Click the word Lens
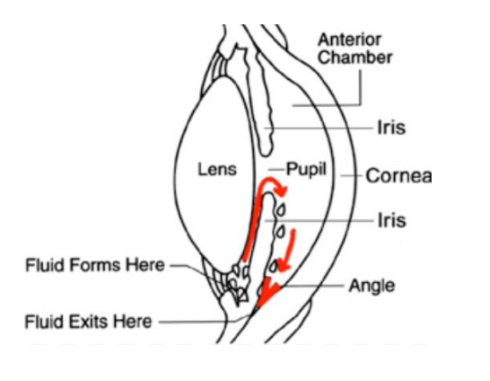click(217, 169)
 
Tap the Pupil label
click(306, 170)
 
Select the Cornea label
click(398, 176)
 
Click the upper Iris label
click(391, 128)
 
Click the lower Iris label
click(392, 220)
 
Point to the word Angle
click(372, 287)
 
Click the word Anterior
click(350, 40)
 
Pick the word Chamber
click(355, 58)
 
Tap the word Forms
click(95, 265)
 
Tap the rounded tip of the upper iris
click(266, 154)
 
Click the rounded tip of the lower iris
click(268, 194)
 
